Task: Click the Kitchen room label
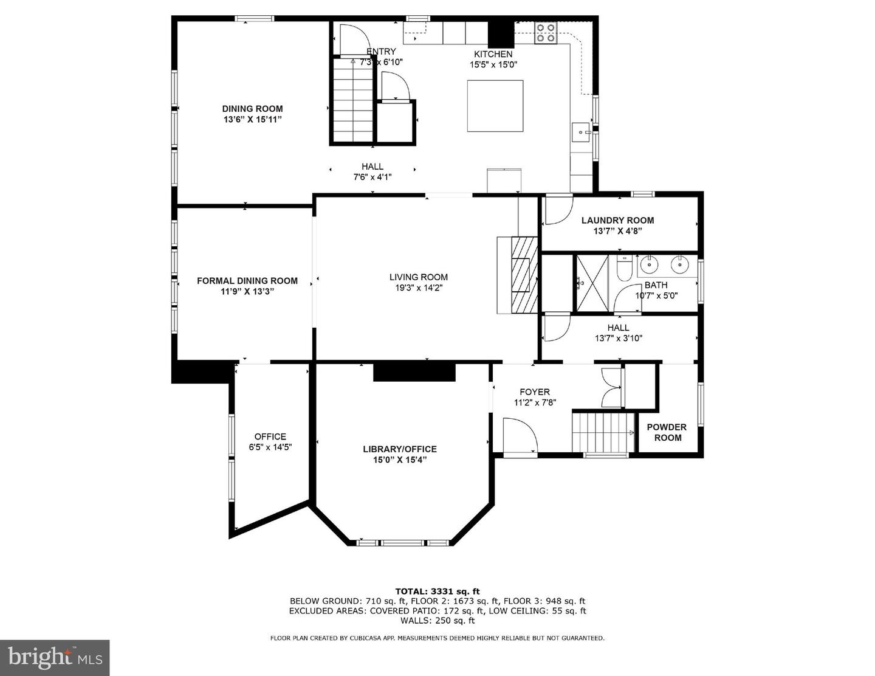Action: pyautogui.click(x=493, y=54)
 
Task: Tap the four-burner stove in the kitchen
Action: pyautogui.click(x=546, y=33)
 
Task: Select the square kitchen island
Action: pyautogui.click(x=495, y=106)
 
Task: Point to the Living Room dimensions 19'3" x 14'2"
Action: pyautogui.click(x=419, y=288)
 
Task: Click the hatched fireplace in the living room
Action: pyautogui.click(x=524, y=275)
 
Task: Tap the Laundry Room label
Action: pyautogui.click(x=617, y=220)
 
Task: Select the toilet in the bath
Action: pyautogui.click(x=625, y=267)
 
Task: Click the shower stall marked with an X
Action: pyautogui.click(x=592, y=283)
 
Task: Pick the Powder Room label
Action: pyautogui.click(x=667, y=432)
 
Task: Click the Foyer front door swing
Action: pyautogui.click(x=520, y=435)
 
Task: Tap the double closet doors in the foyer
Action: pyautogui.click(x=611, y=388)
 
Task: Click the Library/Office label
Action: pyautogui.click(x=399, y=449)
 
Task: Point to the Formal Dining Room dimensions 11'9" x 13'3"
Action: pyautogui.click(x=247, y=291)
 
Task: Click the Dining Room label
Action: pyautogui.click(x=252, y=109)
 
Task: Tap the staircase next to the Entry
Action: pyautogui.click(x=353, y=101)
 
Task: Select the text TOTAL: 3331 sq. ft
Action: pyautogui.click(x=437, y=591)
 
